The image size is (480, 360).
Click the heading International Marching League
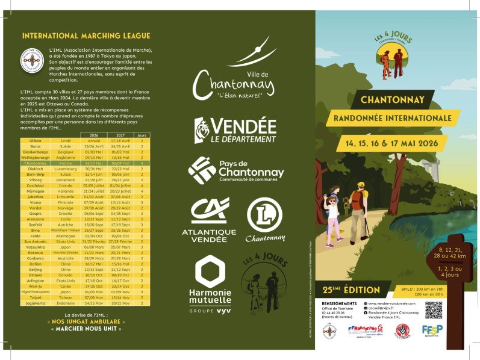tap(86, 36)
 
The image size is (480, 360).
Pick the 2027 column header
tap(120, 135)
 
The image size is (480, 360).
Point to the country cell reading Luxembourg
tap(66, 169)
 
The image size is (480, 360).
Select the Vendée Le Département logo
tap(235, 131)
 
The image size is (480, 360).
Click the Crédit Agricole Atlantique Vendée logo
tap(209, 219)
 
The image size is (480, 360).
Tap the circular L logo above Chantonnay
tap(264, 214)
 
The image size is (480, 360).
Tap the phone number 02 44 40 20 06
tap(337, 313)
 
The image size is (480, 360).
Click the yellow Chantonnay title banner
tap(393, 100)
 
